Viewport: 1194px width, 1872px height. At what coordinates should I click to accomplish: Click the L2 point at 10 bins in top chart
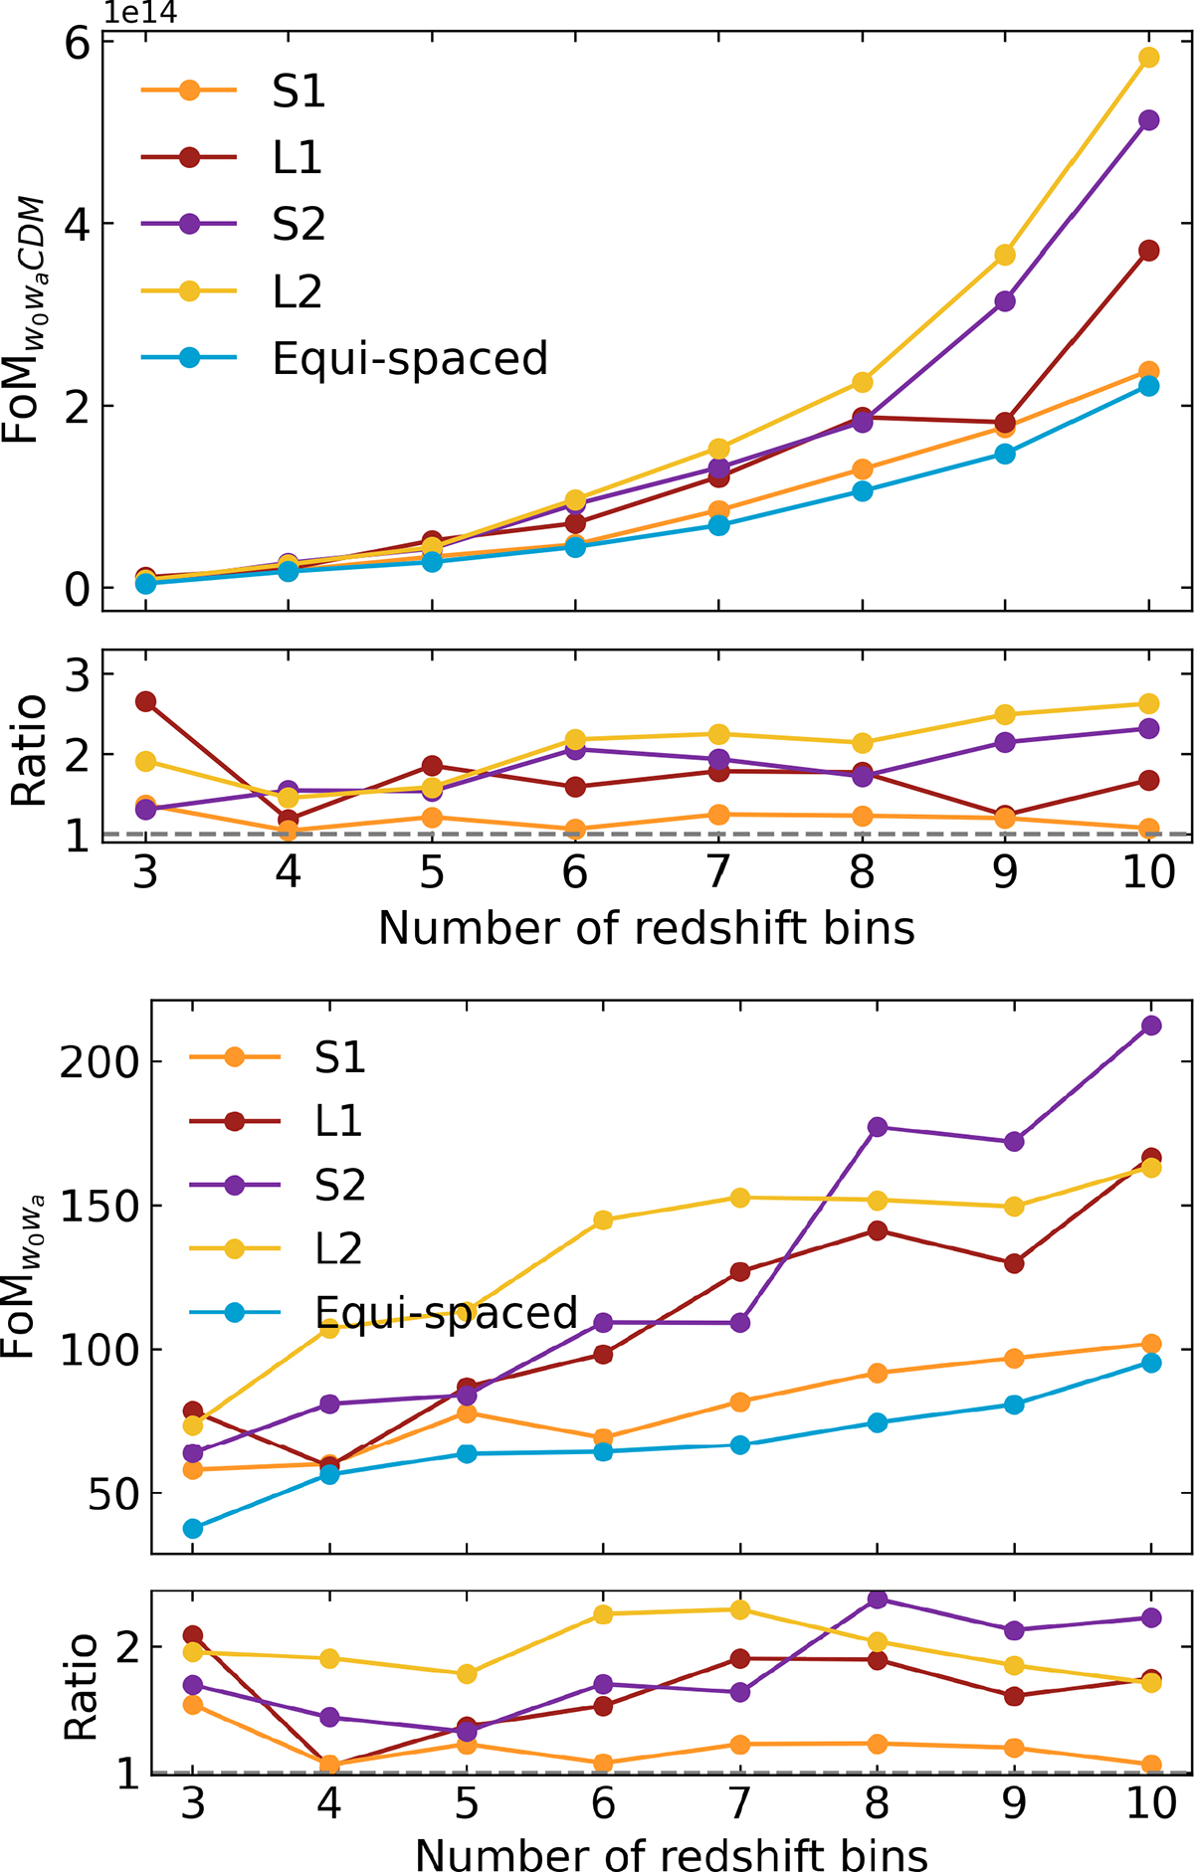pos(1148,58)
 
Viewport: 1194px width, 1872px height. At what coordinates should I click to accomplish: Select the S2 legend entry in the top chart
pos(298,225)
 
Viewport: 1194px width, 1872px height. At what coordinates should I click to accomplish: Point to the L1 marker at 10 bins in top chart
pos(1148,251)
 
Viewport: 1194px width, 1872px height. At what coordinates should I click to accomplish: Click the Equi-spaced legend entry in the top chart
pos(409,359)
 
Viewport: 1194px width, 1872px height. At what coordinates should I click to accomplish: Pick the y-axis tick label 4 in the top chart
pos(77,224)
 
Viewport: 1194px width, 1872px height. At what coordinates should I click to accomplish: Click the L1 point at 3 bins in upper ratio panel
pos(145,702)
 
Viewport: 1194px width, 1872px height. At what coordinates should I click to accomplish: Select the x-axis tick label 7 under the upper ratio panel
pos(717,872)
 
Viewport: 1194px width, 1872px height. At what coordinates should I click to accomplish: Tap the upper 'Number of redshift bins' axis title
pos(646,929)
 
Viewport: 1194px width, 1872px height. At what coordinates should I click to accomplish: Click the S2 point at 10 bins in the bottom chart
pos(1151,1026)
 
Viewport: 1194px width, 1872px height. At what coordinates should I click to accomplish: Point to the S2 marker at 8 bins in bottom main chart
pos(877,1127)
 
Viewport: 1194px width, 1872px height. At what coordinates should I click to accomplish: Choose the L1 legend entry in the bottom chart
pos(338,1121)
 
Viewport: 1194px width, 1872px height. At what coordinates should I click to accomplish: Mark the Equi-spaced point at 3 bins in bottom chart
pos(193,1528)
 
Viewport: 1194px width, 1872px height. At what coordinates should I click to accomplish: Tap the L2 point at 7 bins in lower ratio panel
pos(739,1609)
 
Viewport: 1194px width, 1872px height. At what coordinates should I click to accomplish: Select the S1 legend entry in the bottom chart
pos(338,1056)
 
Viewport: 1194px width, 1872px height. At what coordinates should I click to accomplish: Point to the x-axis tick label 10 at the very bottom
pos(1151,1802)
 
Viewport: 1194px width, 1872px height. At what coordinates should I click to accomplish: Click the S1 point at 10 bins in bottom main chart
pos(1151,1345)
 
